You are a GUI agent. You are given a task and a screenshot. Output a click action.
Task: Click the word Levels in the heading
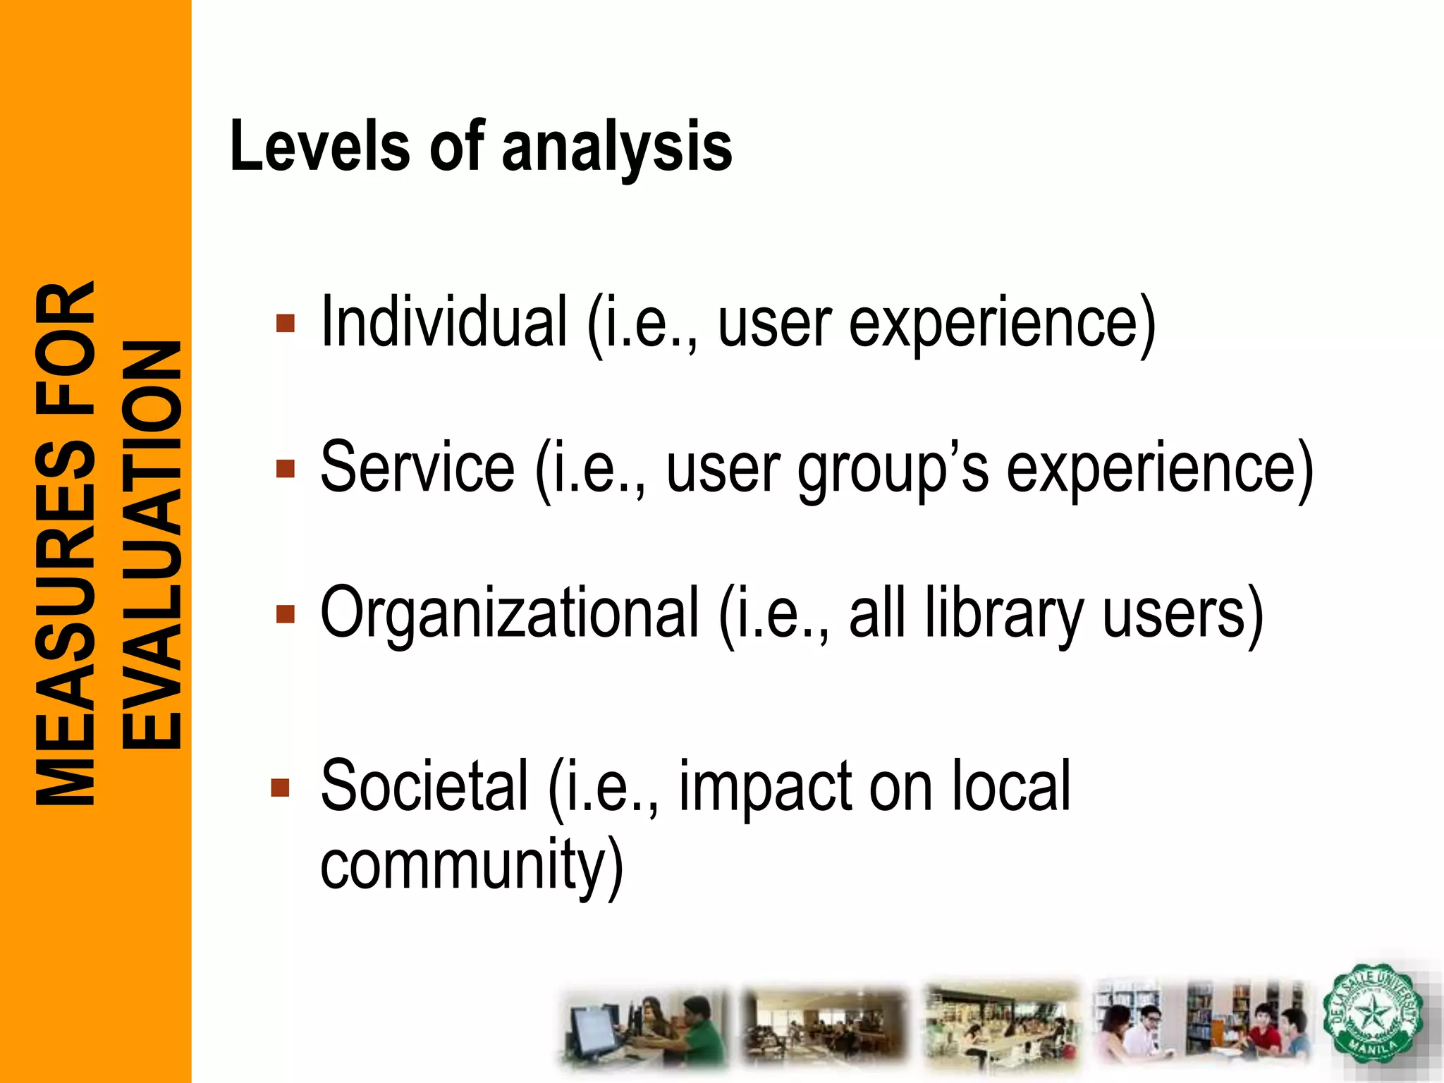tap(319, 146)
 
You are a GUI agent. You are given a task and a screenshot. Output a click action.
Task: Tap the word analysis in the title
tap(617, 148)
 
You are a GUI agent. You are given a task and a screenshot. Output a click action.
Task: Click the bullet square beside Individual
tap(286, 324)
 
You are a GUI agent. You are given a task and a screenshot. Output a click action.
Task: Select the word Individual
tap(444, 322)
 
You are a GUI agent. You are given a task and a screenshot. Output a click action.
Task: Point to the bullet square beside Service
tap(286, 469)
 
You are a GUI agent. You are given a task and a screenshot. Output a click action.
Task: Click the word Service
tap(417, 467)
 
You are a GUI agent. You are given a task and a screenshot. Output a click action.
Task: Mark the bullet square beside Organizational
tap(286, 613)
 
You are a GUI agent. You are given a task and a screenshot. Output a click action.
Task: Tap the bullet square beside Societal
tap(281, 788)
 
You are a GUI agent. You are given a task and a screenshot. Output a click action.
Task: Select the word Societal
tap(424, 786)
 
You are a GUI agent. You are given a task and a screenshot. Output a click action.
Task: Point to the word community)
tap(472, 866)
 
